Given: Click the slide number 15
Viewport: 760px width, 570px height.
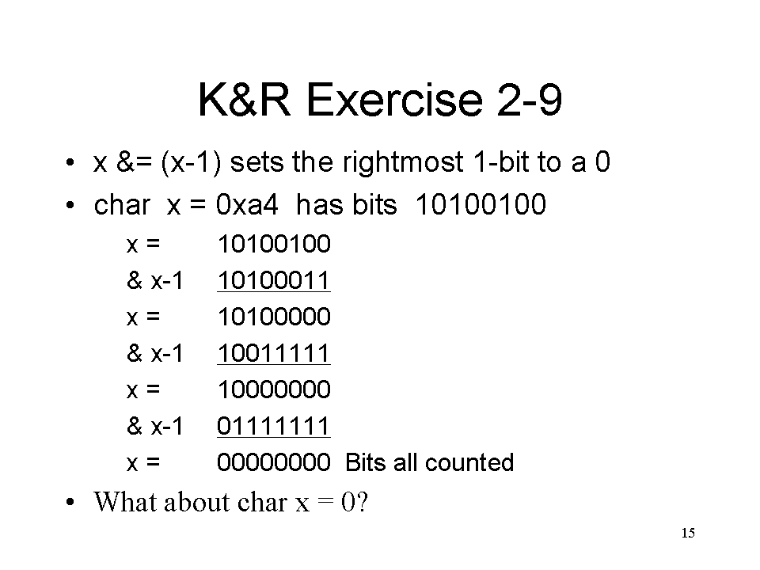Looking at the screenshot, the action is click(x=688, y=533).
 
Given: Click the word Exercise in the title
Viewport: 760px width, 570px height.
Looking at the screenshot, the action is click(x=394, y=100).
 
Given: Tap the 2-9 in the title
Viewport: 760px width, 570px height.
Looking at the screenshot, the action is click(x=530, y=100).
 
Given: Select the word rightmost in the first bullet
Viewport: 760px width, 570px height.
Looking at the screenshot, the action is click(x=403, y=161).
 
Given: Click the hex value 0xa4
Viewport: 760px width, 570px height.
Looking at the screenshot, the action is click(x=247, y=204).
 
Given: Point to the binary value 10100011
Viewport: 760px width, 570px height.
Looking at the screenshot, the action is click(x=274, y=280).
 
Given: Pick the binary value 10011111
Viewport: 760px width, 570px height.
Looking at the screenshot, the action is click(x=274, y=353).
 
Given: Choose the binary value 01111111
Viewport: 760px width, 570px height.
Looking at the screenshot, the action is click(x=274, y=426).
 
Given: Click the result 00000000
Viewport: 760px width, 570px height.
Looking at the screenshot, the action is click(x=274, y=462).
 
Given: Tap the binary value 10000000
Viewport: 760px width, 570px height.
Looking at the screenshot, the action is click(x=274, y=389).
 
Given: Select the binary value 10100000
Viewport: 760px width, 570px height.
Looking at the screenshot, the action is click(x=274, y=317).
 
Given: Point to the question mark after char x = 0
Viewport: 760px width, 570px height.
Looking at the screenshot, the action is click(x=362, y=502).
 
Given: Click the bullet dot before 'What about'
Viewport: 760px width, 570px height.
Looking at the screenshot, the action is click(x=70, y=502).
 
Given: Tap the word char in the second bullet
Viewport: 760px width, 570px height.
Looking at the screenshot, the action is click(x=122, y=204).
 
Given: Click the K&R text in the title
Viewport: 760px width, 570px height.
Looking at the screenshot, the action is click(x=245, y=100).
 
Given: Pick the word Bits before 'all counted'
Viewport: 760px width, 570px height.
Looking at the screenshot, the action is click(x=366, y=462).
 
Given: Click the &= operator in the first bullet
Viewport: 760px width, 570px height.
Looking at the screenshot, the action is click(x=135, y=161).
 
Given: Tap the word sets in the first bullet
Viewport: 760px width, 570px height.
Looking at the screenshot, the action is click(x=256, y=161).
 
